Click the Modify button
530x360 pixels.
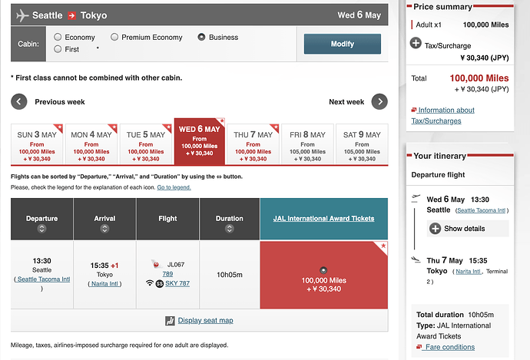click(x=342, y=44)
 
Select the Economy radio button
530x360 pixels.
click(x=58, y=37)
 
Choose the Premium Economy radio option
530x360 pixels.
click(x=114, y=37)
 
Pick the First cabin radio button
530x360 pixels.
click(x=58, y=49)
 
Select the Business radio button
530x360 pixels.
click(x=202, y=37)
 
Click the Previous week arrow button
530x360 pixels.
click(x=19, y=101)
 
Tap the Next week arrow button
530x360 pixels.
click(x=379, y=101)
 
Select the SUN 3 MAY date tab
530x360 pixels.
click(x=37, y=144)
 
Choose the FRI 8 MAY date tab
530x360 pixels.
click(x=307, y=144)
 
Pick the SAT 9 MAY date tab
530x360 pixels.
click(x=361, y=144)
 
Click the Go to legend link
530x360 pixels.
click(x=174, y=187)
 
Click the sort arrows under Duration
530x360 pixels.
click(x=230, y=229)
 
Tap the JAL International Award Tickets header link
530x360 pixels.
click(x=323, y=219)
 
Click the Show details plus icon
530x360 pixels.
click(x=436, y=229)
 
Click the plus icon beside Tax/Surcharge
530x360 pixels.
click(x=416, y=43)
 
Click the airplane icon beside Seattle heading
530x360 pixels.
click(x=22, y=15)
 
